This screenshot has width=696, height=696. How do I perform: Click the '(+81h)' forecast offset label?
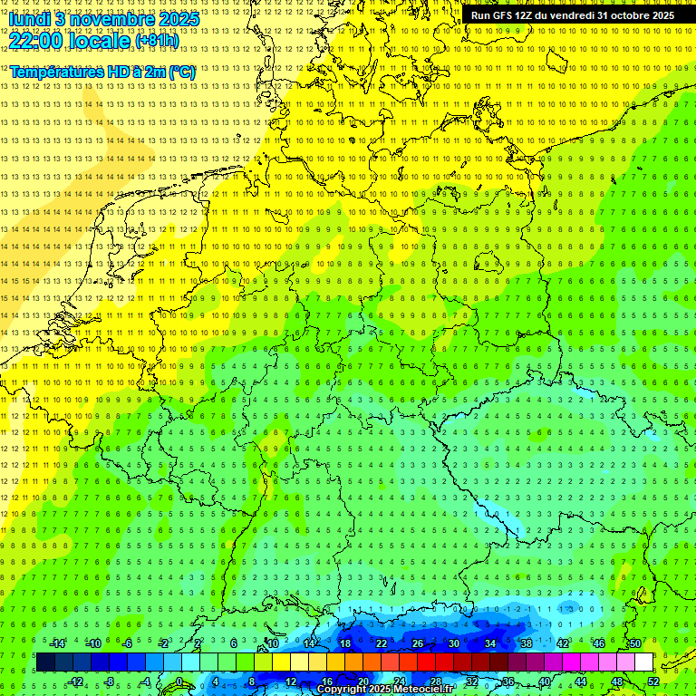(x=156, y=41)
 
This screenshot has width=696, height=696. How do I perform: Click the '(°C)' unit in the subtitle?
(x=179, y=71)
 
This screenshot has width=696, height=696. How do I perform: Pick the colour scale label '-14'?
(x=58, y=643)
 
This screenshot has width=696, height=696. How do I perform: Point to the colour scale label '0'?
(x=179, y=681)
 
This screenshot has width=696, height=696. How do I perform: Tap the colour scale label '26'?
(x=417, y=643)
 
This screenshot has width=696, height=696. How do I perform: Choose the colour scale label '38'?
(x=527, y=643)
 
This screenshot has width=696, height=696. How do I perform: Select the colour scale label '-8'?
(x=111, y=681)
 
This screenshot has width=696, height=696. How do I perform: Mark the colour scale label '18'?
(x=344, y=643)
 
